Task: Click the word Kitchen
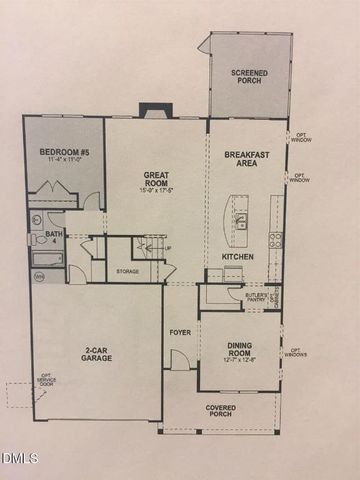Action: pos(237,257)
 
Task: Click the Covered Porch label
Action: pos(221,411)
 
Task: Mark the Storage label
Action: pos(128,270)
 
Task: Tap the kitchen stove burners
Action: pos(275,239)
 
